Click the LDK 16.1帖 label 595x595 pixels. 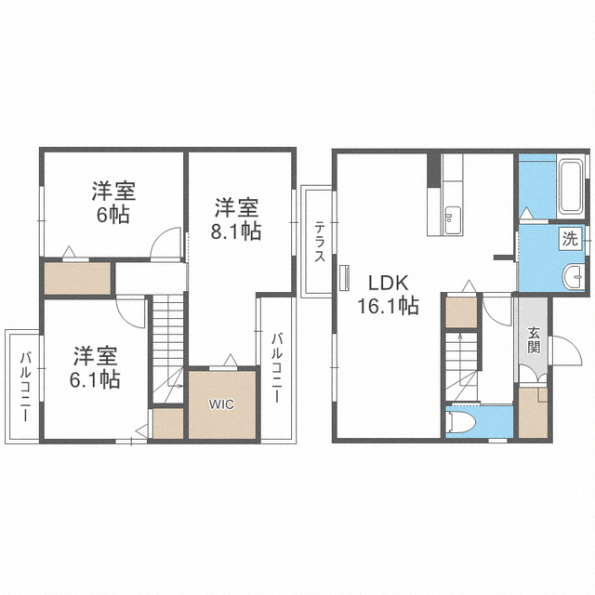tap(389, 294)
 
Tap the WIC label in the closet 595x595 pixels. tap(221, 404)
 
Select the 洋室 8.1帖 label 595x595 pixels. tap(236, 219)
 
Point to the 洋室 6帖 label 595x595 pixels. tap(113, 203)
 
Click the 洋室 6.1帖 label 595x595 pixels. tap(95, 367)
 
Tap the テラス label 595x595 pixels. tap(320, 242)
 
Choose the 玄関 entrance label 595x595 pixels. tap(533, 339)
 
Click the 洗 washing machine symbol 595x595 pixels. tap(570, 239)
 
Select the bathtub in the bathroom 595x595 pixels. tap(571, 187)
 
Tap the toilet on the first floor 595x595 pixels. tap(460, 422)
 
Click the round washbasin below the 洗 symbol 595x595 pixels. tap(573, 277)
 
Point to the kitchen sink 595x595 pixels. tap(452, 220)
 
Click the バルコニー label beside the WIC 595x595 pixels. tap(278, 367)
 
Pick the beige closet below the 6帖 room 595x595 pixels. tap(77, 278)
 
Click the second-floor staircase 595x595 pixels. tap(167, 350)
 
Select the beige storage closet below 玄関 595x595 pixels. tap(533, 413)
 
